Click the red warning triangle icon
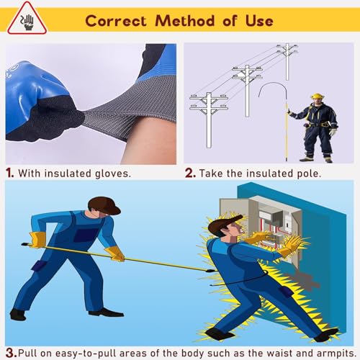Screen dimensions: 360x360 coord(27,19)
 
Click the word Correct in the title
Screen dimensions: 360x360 coord(116,21)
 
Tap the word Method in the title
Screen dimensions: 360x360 coord(185,20)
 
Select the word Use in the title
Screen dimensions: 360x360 coord(259,21)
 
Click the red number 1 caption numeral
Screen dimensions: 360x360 coord(9,173)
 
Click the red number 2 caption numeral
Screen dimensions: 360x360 coord(190,173)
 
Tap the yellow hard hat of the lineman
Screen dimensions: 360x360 coord(318,96)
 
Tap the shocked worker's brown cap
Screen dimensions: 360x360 coord(223,225)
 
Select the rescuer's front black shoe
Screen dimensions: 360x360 coord(106,312)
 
